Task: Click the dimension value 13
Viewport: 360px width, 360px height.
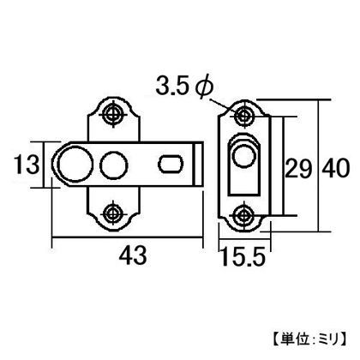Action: click(24, 163)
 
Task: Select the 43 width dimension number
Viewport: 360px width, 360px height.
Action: click(129, 255)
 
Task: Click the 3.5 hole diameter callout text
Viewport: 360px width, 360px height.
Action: click(172, 85)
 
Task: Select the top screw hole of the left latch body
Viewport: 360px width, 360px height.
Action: click(112, 114)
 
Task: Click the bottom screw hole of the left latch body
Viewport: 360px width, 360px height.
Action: click(112, 211)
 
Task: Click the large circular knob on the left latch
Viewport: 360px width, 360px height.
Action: click(72, 163)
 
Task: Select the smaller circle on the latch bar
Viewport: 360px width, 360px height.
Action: click(111, 163)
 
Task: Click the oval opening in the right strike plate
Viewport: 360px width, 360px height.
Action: click(243, 161)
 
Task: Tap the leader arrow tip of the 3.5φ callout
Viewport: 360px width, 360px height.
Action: click(238, 110)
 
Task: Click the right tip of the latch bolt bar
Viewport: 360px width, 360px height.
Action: click(201, 163)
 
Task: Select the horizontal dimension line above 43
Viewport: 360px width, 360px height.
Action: click(128, 235)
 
